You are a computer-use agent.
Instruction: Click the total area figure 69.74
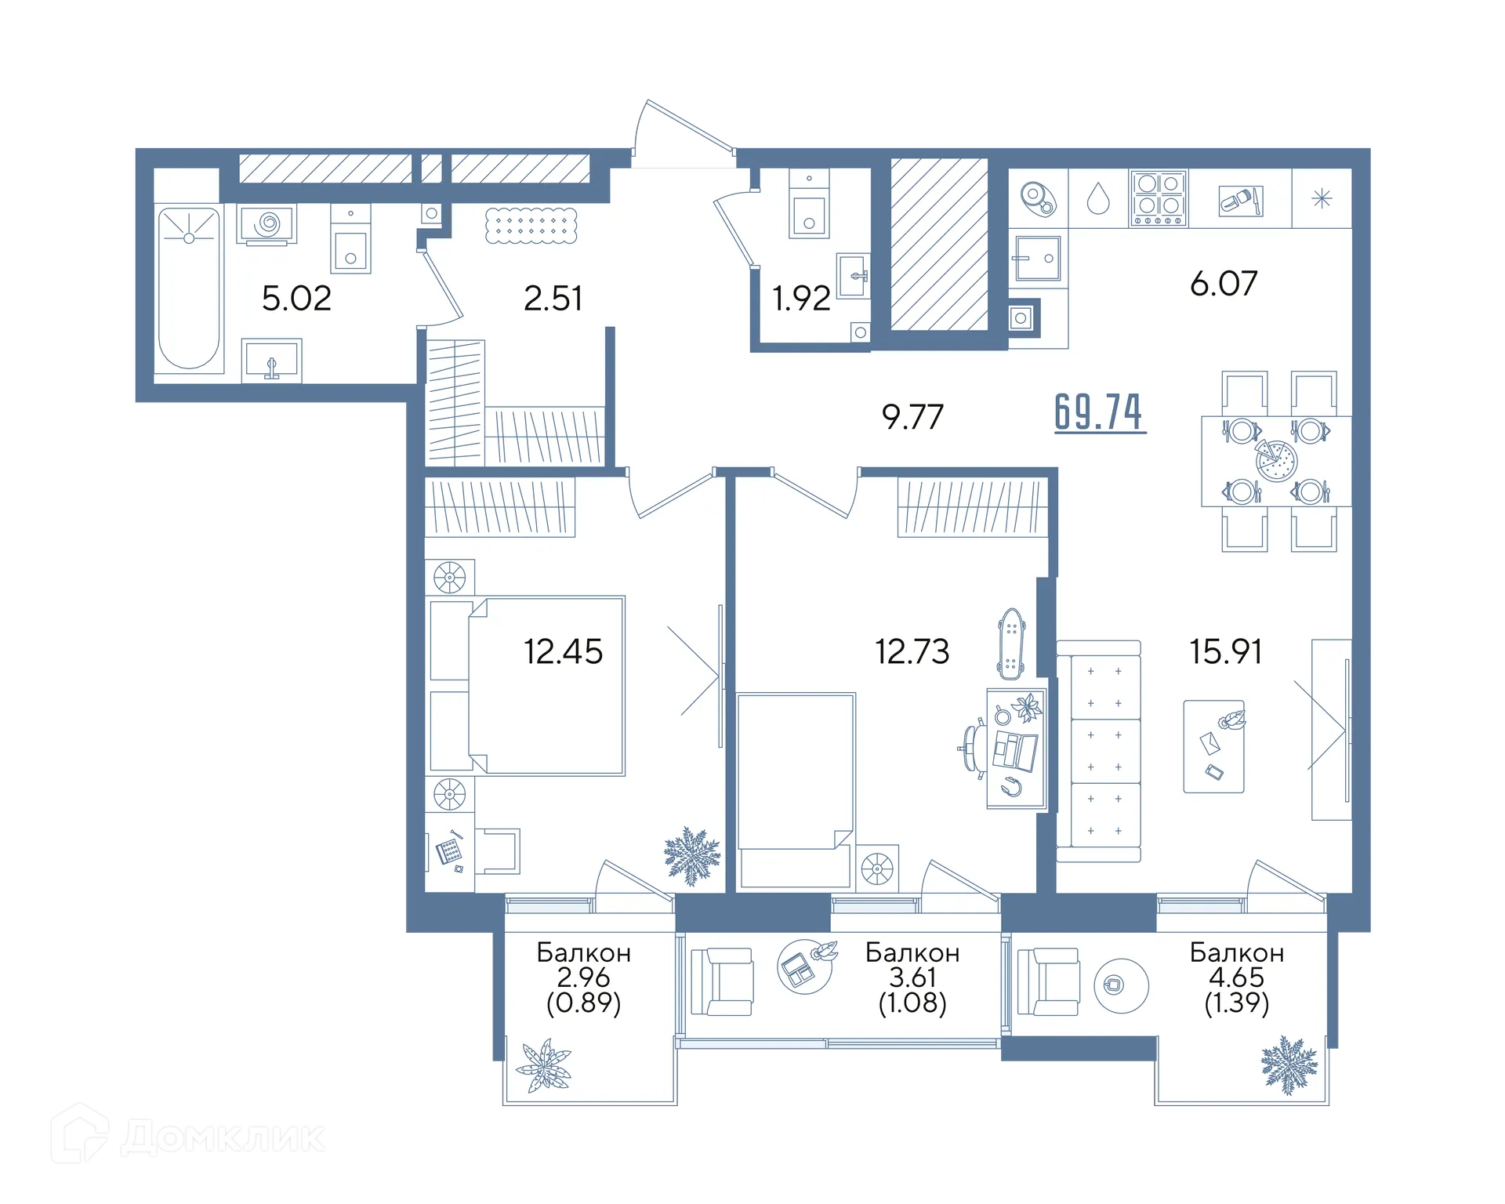(x=1100, y=412)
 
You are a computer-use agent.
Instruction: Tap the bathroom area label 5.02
(x=296, y=299)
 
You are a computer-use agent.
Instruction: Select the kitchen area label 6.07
(x=1224, y=284)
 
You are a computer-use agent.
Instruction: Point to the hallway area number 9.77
(x=912, y=417)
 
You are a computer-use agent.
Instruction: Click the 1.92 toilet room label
(x=801, y=299)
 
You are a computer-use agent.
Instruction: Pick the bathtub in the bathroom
(x=189, y=288)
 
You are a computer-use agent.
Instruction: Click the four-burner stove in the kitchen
(x=1159, y=198)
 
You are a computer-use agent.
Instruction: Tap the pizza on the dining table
(x=1276, y=460)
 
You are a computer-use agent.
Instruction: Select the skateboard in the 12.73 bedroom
(x=1011, y=644)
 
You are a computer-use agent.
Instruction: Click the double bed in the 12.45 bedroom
(x=546, y=686)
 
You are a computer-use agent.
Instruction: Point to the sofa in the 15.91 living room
(x=1098, y=751)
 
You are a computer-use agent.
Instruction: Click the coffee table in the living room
(x=1214, y=746)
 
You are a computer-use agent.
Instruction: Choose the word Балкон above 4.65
(x=1237, y=952)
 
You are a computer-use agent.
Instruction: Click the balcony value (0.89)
(x=584, y=1003)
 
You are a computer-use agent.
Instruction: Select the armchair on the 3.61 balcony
(x=722, y=981)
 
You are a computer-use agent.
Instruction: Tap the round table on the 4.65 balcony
(x=1121, y=985)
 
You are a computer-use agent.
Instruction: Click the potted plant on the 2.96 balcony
(x=544, y=1066)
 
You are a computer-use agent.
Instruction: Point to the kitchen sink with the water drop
(x=1098, y=198)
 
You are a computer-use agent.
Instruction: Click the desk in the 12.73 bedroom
(x=1017, y=749)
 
